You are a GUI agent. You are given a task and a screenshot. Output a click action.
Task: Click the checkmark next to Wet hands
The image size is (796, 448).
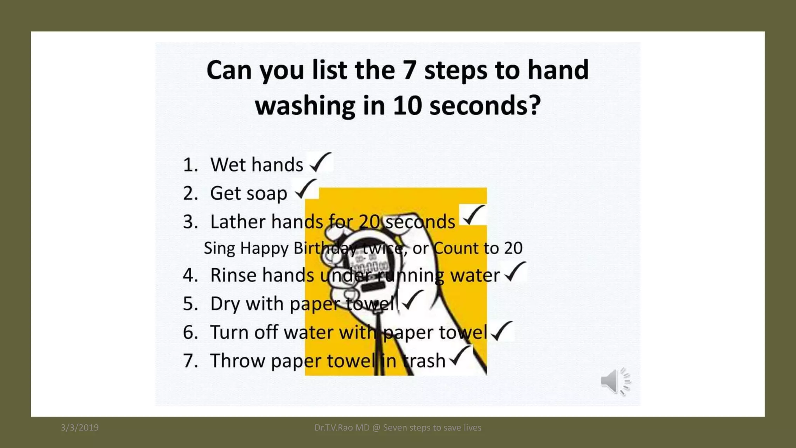coord(321,162)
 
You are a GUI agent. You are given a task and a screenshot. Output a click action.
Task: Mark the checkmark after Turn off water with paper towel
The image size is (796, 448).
coord(502,331)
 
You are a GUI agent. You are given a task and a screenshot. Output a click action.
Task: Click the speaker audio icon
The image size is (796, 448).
coord(615,381)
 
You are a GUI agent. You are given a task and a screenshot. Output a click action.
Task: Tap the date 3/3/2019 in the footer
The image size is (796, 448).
coord(80,428)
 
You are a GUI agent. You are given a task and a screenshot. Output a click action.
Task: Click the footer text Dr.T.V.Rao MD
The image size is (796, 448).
coord(342,428)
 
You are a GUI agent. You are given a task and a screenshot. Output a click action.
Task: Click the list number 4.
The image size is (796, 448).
coord(190,275)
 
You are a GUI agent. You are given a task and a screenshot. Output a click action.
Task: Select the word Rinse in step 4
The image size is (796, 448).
coord(233,275)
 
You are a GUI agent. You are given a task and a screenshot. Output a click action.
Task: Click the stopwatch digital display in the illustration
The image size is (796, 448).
coord(371,267)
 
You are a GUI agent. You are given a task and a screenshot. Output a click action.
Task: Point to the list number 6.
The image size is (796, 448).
coord(190,332)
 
